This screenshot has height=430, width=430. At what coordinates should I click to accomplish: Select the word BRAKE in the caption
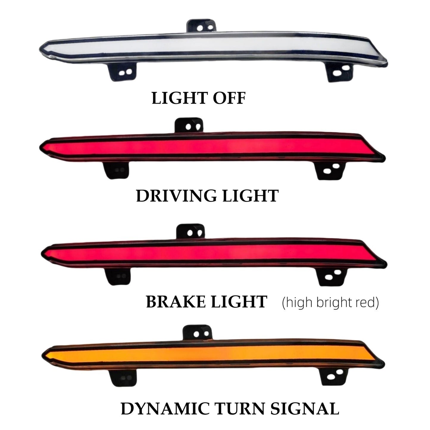(176, 302)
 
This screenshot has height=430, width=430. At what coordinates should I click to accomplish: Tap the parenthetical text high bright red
(330, 302)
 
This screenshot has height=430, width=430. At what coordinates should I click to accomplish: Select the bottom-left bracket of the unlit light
(123, 71)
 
